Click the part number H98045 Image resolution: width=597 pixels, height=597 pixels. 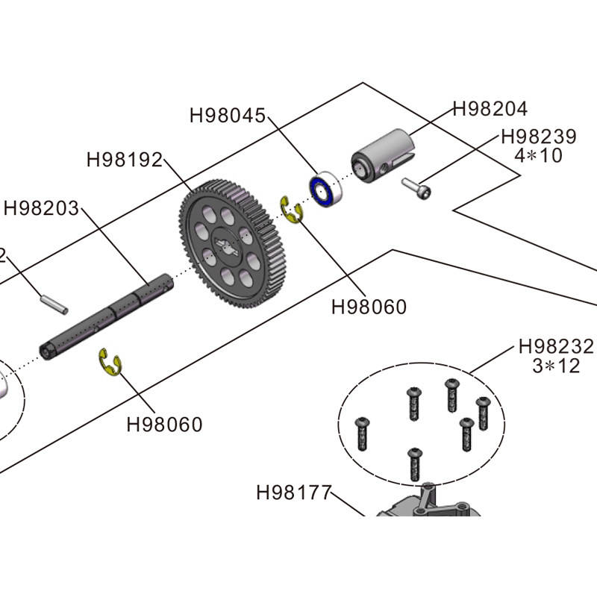click(228, 116)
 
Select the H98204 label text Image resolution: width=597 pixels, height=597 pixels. click(490, 109)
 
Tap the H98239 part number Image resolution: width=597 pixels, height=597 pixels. click(539, 137)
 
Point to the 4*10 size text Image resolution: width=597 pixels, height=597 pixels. click(539, 156)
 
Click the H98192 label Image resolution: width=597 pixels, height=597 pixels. click(125, 160)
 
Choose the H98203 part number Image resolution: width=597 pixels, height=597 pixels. click(41, 208)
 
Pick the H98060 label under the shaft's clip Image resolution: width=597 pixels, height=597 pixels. click(164, 425)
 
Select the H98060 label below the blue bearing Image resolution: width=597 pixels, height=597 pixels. click(369, 307)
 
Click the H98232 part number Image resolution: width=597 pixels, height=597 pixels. click(556, 347)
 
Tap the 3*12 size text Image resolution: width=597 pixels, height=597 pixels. click(556, 366)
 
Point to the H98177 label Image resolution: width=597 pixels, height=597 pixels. click(293, 493)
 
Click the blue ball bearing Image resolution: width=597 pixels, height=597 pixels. click(325, 190)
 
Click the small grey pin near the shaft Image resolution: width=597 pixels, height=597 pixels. click(54, 303)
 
